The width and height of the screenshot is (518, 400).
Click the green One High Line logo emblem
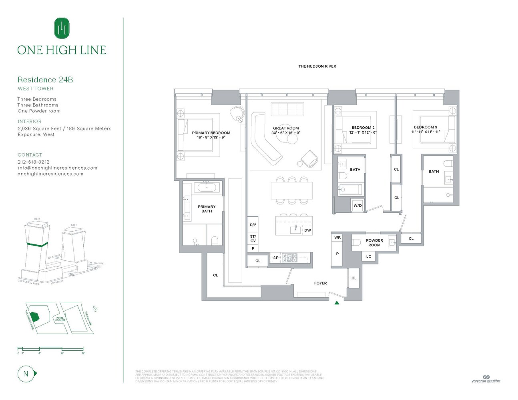pyautogui.click(x=62, y=28)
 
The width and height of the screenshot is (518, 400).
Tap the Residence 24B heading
pyautogui.click(x=45, y=80)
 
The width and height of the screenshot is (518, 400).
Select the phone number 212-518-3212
pyautogui.click(x=34, y=162)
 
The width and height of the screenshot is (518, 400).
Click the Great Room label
pyautogui.click(x=286, y=128)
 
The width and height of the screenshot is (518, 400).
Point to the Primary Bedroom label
pyautogui.click(x=211, y=133)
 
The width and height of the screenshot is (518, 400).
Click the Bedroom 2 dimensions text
pyautogui.click(x=363, y=132)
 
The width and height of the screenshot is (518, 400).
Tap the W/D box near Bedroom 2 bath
pyautogui.click(x=357, y=206)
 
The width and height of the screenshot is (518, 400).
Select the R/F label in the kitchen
pyautogui.click(x=253, y=225)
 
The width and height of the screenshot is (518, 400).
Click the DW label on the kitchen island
pyautogui.click(x=307, y=230)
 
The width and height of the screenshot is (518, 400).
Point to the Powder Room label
pyautogui.click(x=374, y=243)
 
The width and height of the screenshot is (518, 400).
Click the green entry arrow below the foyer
pyautogui.click(x=337, y=303)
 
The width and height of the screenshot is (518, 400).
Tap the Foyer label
pyautogui.click(x=320, y=283)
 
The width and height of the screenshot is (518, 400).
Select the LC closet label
pyautogui.click(x=369, y=256)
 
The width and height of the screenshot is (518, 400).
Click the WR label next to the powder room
pyautogui.click(x=337, y=238)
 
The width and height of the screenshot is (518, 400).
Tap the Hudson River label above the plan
pyautogui.click(x=317, y=66)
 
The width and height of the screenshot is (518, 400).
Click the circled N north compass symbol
pyautogui.click(x=26, y=374)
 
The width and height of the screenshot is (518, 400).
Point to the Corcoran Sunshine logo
pyautogui.click(x=486, y=379)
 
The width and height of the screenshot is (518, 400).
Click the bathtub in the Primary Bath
pyautogui.click(x=207, y=187)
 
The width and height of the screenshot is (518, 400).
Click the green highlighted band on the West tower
pyautogui.click(x=37, y=244)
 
